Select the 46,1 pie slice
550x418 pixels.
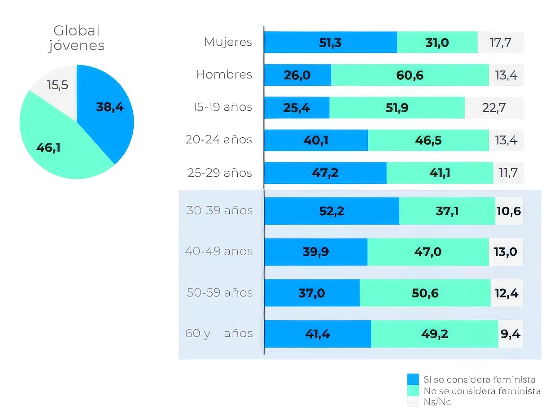[49, 148]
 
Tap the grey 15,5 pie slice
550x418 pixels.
[57, 85]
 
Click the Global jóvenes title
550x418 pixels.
[76, 38]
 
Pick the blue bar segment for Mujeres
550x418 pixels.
[330, 42]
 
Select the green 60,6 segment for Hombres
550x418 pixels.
[410, 75]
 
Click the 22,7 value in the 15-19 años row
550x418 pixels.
[494, 108]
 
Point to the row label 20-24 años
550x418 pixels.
[219, 140]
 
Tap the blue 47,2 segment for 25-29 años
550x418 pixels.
[325, 173]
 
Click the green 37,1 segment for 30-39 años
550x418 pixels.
[447, 211]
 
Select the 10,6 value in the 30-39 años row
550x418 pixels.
[509, 211]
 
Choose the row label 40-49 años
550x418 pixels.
[218, 252]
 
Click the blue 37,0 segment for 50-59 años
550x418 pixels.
[311, 293]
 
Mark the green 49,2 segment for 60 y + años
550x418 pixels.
[434, 334]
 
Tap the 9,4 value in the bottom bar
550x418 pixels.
[510, 334]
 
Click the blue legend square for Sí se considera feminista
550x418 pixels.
[413, 379]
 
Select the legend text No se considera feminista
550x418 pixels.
[482, 391]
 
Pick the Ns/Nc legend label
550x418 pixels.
[437, 402]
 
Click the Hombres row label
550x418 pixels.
[224, 75]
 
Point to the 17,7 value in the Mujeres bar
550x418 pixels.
[500, 42]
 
